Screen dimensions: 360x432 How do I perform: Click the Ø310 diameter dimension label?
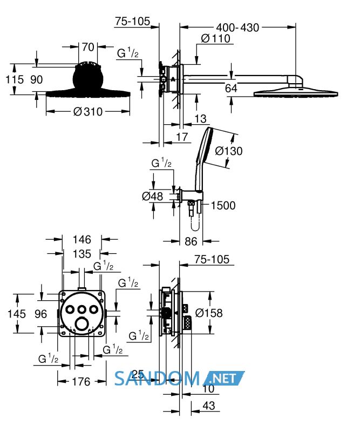pos(88,112)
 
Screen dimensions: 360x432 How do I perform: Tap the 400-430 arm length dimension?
pos(237,28)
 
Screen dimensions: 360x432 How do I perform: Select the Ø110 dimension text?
pos(216,38)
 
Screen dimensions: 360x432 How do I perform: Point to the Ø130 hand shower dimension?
pos(229,151)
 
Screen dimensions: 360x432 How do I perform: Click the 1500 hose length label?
pos(223,206)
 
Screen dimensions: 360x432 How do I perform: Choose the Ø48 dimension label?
pos(152,197)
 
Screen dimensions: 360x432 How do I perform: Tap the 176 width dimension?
pos(81,382)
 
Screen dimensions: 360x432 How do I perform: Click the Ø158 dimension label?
pos(209,313)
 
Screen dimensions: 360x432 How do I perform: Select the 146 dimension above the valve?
pos(82,240)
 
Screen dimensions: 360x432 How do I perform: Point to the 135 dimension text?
pos(82,254)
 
